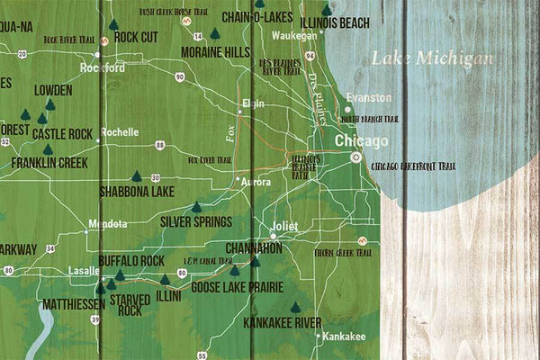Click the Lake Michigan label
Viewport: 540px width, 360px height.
[432, 59]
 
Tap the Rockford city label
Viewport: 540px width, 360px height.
[103, 67]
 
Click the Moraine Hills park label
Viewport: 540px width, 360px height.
[215, 52]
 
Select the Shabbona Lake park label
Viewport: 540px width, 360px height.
[137, 191]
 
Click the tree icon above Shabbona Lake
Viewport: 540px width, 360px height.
[137, 176]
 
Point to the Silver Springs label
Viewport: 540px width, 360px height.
[196, 221]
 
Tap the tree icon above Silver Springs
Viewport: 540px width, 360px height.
[196, 207]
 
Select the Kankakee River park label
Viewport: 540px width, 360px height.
[283, 320]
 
